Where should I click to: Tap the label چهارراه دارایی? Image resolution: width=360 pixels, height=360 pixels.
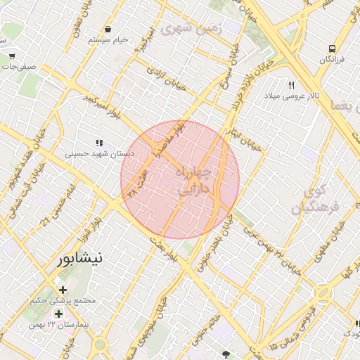200,181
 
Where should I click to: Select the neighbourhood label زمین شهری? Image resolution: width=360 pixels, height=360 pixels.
191,29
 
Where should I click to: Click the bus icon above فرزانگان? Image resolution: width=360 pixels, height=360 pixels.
332,49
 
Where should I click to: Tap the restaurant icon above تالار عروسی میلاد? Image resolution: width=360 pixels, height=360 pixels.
291,85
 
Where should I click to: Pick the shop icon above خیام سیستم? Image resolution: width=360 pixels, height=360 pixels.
109,29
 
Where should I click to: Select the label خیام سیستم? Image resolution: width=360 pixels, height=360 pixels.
108,40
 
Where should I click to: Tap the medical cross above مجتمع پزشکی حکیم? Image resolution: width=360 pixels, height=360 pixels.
63,290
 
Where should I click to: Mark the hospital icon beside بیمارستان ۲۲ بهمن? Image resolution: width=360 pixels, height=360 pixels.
58,313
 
